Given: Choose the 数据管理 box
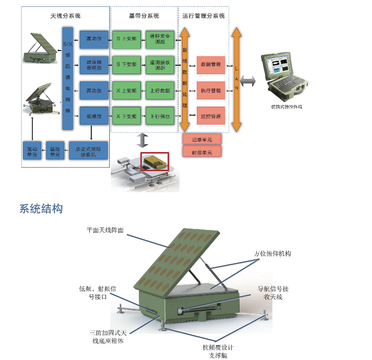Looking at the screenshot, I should coord(211,65).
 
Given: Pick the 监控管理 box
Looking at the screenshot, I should coord(211,116).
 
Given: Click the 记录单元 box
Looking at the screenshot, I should coord(202,139).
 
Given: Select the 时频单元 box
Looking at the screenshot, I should coord(202,153).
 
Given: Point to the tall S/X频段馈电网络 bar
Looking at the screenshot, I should coord(68,78).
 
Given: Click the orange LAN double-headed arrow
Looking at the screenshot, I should coord(237,79).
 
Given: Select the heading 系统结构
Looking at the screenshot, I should coord(41,208).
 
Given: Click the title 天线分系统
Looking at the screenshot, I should coord(66,16).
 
